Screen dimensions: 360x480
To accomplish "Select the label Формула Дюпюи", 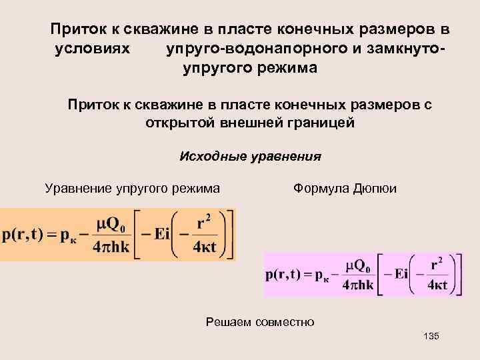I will click(x=344, y=189).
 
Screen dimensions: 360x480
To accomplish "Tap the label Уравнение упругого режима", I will click(x=132, y=189).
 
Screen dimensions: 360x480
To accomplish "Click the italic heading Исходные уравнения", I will click(x=250, y=157).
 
